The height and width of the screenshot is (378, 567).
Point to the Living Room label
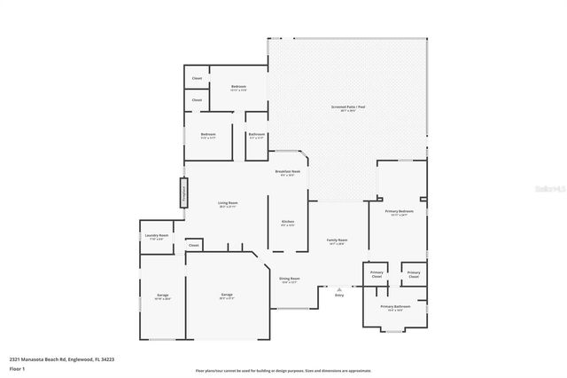click(x=228, y=203)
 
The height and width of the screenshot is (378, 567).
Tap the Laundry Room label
click(x=158, y=235)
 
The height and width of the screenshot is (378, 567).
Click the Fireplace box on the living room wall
click(x=184, y=193)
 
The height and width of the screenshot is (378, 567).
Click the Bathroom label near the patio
click(x=256, y=134)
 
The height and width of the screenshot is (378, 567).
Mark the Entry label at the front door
click(x=338, y=295)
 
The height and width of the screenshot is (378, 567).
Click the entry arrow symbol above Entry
click(x=338, y=287)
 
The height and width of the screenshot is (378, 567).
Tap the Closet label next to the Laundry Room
click(x=193, y=245)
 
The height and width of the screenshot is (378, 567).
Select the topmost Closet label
click(x=196, y=79)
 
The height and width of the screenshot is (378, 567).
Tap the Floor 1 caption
click(x=17, y=367)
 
